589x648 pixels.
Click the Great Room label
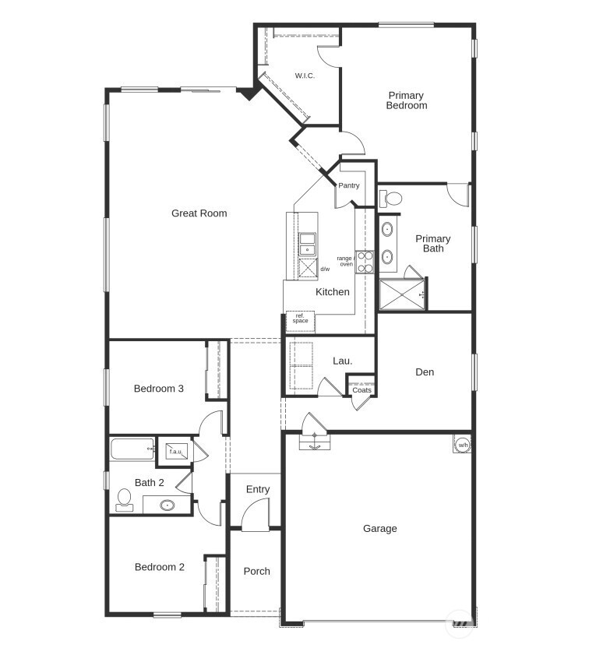pyautogui.click(x=199, y=213)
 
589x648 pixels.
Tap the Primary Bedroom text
pyautogui.click(x=406, y=100)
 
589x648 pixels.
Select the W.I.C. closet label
pyautogui.click(x=304, y=76)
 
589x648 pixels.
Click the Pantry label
pyautogui.click(x=348, y=185)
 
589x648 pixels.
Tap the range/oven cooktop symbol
pyautogui.click(x=365, y=261)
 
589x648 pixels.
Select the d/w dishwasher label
pyautogui.click(x=325, y=269)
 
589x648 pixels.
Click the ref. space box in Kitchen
pyautogui.click(x=300, y=319)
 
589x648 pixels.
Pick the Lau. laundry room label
pyautogui.click(x=342, y=361)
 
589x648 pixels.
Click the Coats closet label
pyautogui.click(x=362, y=390)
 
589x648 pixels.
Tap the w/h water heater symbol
pyautogui.click(x=462, y=445)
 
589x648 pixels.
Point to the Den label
pyautogui.click(x=425, y=372)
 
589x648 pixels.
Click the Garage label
pyautogui.click(x=379, y=529)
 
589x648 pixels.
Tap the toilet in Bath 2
pyautogui.click(x=124, y=499)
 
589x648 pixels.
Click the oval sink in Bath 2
pyautogui.click(x=167, y=505)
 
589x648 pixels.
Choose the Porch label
pyautogui.click(x=256, y=571)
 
